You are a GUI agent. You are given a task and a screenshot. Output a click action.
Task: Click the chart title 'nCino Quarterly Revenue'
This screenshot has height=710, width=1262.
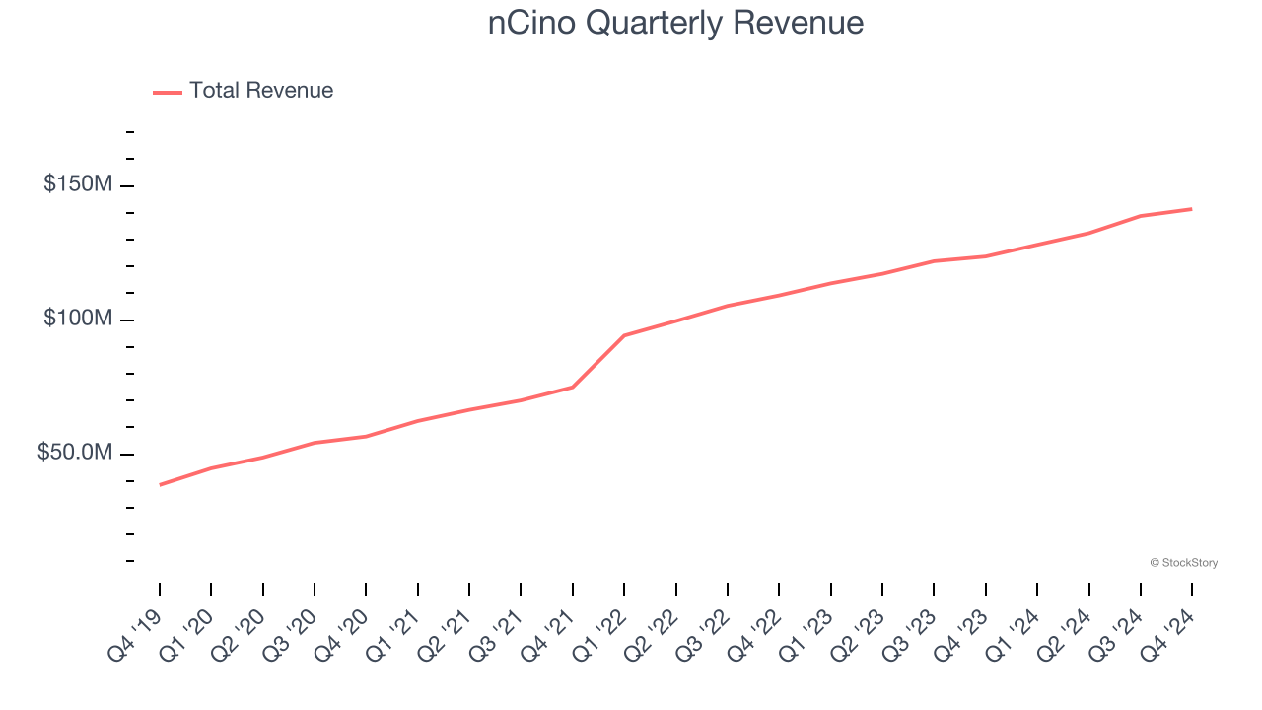tap(675, 23)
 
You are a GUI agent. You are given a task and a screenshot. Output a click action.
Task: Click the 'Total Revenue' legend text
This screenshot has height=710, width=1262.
tap(261, 91)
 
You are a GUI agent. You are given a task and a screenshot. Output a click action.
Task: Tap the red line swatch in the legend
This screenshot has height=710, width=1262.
tap(168, 92)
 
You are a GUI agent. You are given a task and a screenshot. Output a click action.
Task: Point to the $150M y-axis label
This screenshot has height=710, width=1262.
tap(78, 184)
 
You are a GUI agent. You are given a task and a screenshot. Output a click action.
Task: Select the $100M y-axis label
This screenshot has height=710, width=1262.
tap(78, 319)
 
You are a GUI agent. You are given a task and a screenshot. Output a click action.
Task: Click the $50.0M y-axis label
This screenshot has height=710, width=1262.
tap(75, 453)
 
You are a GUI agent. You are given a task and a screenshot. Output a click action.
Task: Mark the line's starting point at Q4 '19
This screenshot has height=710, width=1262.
tap(160, 484)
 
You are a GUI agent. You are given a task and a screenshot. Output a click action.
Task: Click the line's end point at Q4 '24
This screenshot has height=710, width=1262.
tap(1191, 209)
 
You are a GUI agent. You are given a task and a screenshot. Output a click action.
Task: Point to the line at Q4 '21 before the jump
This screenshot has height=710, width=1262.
tap(573, 387)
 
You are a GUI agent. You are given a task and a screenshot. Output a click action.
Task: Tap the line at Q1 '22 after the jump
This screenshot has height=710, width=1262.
tap(624, 335)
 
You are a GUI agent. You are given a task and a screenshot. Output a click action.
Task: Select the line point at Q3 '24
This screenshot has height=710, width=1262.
tap(1140, 216)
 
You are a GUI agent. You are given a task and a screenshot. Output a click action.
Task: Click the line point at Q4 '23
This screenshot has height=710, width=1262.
tap(985, 256)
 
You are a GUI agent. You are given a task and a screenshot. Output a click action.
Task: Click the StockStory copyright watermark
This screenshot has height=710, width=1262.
tap(1183, 563)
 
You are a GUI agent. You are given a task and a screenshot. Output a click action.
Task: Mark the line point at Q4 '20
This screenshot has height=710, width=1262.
tap(366, 436)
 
